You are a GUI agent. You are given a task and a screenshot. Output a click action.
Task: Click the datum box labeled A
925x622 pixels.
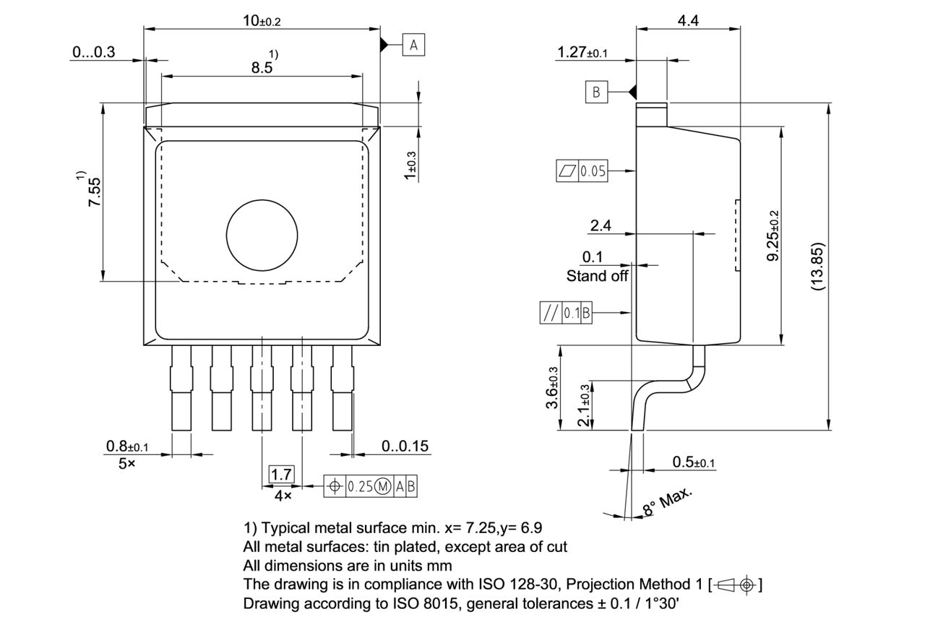pyautogui.click(x=413, y=46)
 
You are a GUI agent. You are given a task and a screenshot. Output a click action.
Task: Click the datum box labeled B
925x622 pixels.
pyautogui.click(x=596, y=92)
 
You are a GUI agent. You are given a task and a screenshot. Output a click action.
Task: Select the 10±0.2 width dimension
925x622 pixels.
pyautogui.click(x=261, y=21)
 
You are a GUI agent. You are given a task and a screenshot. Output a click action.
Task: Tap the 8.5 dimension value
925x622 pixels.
pyautogui.click(x=262, y=67)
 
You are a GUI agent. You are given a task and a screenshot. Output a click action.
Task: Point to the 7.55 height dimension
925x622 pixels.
pyautogui.click(x=95, y=192)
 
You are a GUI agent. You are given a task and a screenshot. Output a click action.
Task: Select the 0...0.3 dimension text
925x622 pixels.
pyautogui.click(x=94, y=52)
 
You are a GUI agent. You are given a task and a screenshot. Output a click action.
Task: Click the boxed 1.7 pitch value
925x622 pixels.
pyautogui.click(x=281, y=475)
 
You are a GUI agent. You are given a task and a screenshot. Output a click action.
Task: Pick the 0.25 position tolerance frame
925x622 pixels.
pyautogui.click(x=371, y=486)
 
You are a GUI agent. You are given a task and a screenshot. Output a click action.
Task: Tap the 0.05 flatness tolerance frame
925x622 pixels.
pyautogui.click(x=582, y=171)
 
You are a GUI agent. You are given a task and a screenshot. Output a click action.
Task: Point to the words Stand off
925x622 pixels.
pyautogui.click(x=597, y=276)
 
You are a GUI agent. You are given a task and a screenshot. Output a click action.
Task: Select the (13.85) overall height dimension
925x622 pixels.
pyautogui.click(x=817, y=266)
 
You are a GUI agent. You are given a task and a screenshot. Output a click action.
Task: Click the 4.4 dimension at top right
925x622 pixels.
pyautogui.click(x=688, y=21)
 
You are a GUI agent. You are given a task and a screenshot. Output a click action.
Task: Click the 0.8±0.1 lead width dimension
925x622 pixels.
pyautogui.click(x=127, y=446)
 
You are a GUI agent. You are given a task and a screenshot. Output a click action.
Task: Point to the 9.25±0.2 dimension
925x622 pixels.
pyautogui.click(x=773, y=236)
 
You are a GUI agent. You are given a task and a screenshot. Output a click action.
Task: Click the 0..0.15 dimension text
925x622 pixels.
pyautogui.click(x=405, y=446)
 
